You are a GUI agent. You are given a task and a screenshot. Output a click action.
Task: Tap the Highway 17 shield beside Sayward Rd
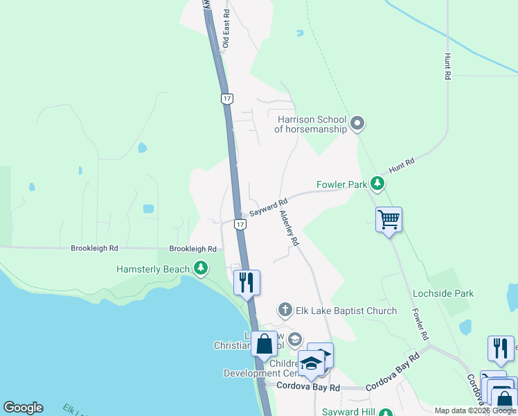coord(239,225)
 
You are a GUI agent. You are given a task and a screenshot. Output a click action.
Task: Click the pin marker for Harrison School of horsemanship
coord(357,124)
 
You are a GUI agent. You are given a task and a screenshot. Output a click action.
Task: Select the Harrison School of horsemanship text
coord(310,124)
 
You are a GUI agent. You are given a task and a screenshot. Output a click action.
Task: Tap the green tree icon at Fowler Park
coord(377,184)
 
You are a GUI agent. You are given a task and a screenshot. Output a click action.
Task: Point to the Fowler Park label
coord(341,185)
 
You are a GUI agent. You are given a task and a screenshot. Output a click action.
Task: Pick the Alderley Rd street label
coord(289,228)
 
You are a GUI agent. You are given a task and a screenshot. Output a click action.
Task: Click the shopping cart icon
coord(389,220)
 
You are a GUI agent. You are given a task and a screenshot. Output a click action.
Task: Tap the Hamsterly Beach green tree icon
coord(201,268)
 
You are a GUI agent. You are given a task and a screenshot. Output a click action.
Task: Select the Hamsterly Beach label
coord(152,268)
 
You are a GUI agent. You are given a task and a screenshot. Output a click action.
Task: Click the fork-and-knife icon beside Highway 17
coord(247,282)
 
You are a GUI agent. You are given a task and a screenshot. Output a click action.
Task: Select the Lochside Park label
coord(443,293)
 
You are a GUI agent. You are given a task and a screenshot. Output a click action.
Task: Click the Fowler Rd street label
coord(418,324)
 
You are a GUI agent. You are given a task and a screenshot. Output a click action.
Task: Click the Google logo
coord(23,408)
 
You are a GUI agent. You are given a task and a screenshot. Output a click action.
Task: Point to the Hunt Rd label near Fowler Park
coord(401,164)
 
